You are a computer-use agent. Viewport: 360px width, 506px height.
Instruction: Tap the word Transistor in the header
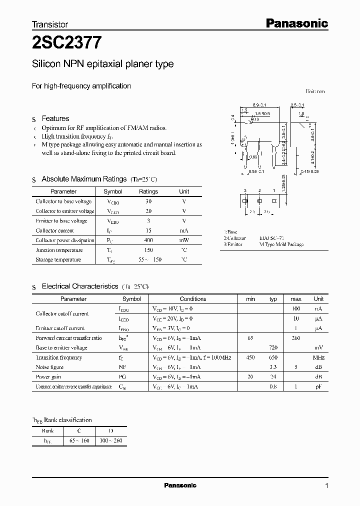(x=50, y=24)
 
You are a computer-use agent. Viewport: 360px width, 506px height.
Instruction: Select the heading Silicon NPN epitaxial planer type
(x=103, y=64)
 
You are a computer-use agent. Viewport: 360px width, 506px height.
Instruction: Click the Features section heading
(x=55, y=118)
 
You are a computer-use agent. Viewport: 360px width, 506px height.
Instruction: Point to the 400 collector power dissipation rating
(x=148, y=240)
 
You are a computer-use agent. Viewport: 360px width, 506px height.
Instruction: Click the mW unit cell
(x=184, y=240)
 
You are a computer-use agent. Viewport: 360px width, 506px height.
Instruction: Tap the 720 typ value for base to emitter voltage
(x=273, y=347)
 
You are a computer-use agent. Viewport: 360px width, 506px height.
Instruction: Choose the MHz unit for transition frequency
(x=318, y=357)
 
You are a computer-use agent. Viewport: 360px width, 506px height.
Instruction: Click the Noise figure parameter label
(x=49, y=367)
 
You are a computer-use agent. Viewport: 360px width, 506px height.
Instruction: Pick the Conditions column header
(x=193, y=299)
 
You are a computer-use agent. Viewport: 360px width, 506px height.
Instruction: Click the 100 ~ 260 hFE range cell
(x=111, y=440)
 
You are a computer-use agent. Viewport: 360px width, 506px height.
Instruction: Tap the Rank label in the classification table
(x=48, y=431)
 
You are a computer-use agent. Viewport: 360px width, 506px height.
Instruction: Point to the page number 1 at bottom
(x=326, y=485)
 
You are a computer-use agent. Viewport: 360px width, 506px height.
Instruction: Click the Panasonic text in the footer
(x=180, y=485)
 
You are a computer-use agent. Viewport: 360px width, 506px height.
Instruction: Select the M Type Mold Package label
(x=281, y=244)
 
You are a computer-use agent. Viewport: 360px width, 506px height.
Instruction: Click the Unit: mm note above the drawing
(x=315, y=91)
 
